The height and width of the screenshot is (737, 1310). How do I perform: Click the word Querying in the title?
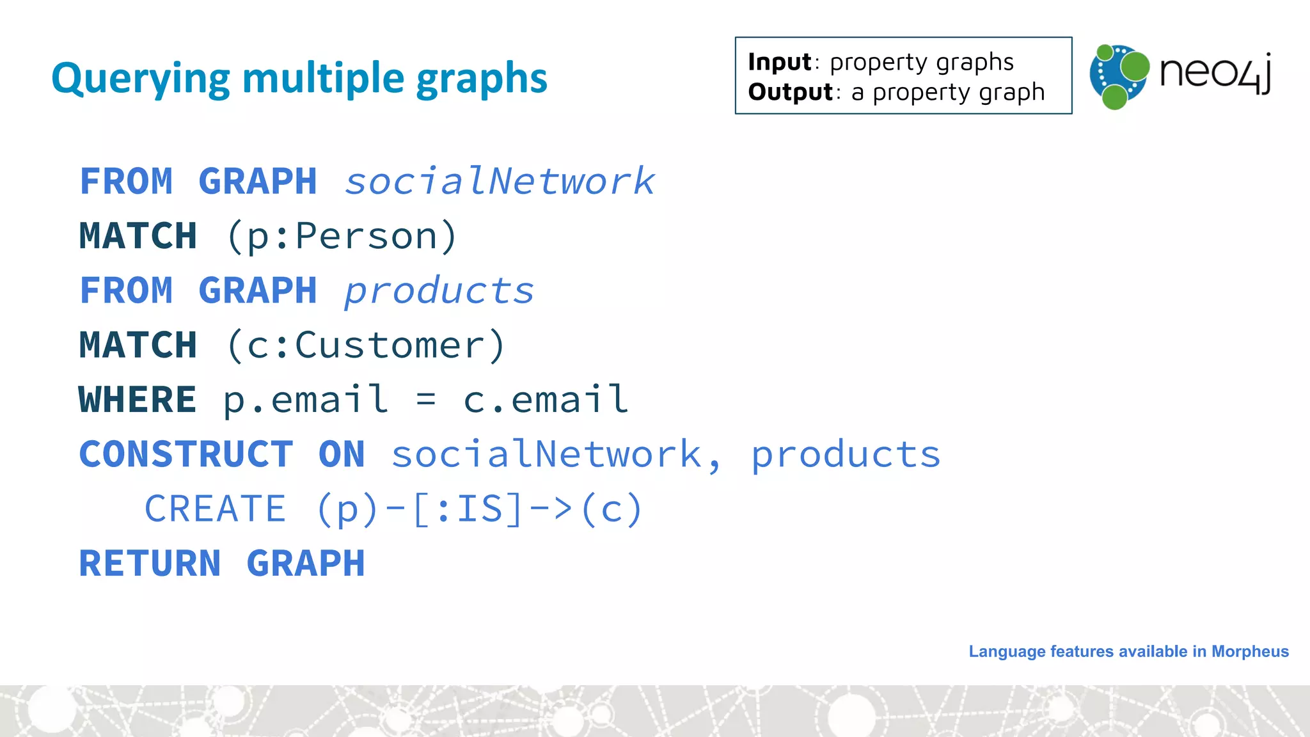[x=140, y=79]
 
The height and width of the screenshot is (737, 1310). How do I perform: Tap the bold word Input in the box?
[x=779, y=62]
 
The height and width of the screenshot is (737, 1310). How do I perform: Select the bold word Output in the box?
[x=790, y=92]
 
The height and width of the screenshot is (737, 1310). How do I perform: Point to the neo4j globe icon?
[x=1119, y=76]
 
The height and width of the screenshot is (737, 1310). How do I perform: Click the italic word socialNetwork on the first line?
[x=500, y=181]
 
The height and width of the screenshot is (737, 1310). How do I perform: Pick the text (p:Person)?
[x=342, y=236]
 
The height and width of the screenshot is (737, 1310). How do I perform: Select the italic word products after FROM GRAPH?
[x=439, y=291]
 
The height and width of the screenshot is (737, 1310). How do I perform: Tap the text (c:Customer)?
[x=366, y=345]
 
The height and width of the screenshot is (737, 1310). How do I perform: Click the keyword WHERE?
[x=137, y=400]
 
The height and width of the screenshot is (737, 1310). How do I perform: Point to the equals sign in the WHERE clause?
[x=426, y=400]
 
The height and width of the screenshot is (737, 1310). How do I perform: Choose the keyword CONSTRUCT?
[x=186, y=454]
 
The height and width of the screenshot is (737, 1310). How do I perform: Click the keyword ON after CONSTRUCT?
[x=342, y=454]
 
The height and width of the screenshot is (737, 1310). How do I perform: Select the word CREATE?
[x=215, y=509]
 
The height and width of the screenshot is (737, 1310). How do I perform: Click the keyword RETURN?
[x=150, y=564]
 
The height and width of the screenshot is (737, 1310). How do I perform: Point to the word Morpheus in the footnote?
[x=1250, y=651]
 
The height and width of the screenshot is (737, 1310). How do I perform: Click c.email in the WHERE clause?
[x=546, y=400]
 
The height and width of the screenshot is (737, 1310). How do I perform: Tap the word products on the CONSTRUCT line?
[x=846, y=454]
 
